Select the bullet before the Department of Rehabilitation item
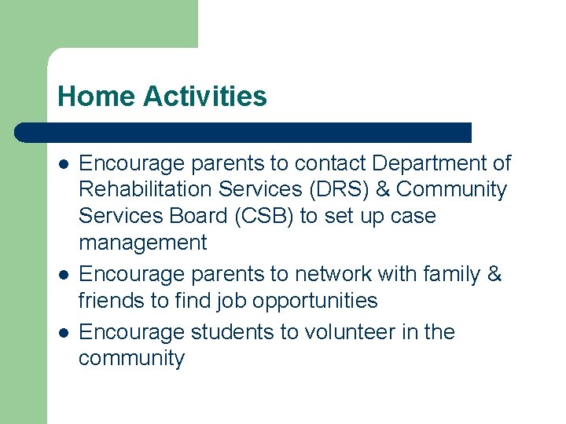point(63,164)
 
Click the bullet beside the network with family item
point(63,275)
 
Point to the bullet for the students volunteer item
point(63,333)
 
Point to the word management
point(142,243)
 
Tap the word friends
point(106,301)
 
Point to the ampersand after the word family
point(494,274)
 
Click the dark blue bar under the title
point(244,132)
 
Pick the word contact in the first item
point(331,163)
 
